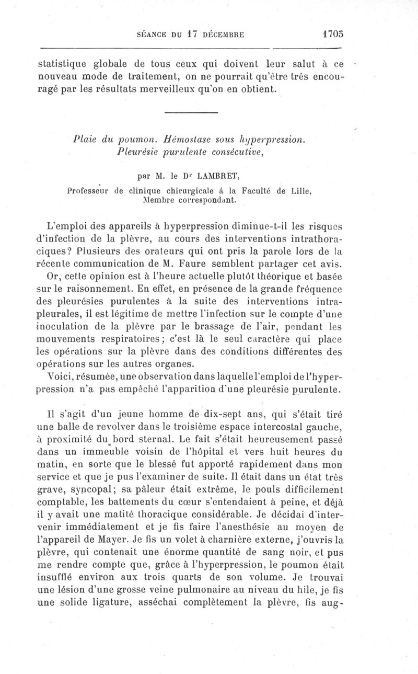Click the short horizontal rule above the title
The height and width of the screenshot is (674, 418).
click(x=191, y=112)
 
